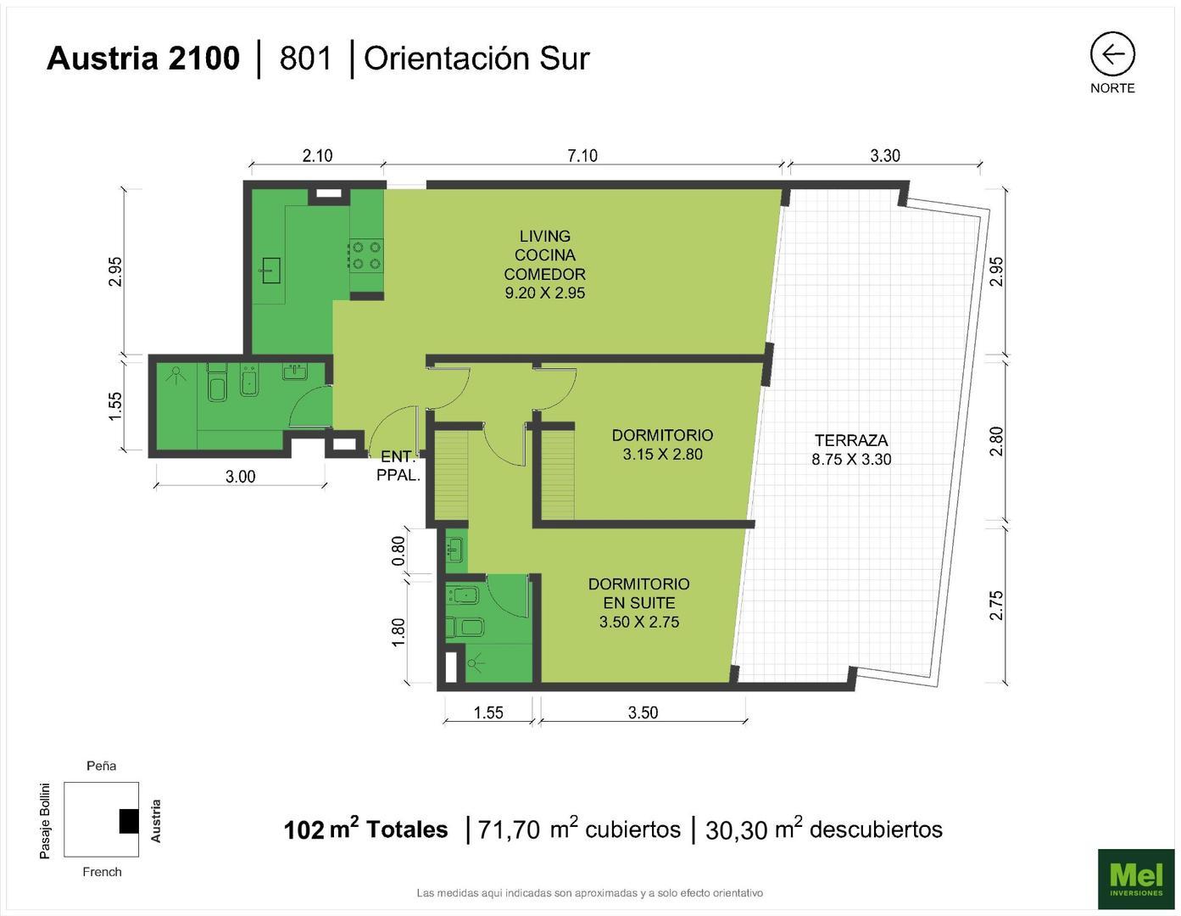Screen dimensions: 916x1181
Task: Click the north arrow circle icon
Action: (1111, 54)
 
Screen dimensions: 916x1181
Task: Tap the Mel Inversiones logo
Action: (1136, 878)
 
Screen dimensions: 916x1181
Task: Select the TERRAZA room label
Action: (851, 450)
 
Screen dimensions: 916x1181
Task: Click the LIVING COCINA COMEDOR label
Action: (544, 265)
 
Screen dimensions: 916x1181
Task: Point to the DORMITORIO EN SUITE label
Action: (638, 602)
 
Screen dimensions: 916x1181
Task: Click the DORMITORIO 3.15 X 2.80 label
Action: (662, 444)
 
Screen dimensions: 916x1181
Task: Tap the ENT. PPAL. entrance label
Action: (398, 466)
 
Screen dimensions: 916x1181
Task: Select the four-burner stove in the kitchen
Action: (366, 255)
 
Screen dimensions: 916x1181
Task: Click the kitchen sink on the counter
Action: (270, 271)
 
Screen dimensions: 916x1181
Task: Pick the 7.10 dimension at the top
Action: (582, 155)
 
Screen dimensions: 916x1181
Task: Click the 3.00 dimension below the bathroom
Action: (240, 477)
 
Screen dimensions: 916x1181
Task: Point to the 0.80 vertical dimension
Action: (398, 551)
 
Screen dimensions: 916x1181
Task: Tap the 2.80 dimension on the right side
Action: (996, 441)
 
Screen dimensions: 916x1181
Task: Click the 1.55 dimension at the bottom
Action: (488, 712)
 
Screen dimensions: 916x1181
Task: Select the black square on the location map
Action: (128, 821)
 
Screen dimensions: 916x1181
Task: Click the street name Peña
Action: (101, 766)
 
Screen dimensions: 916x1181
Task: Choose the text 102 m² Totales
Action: (365, 829)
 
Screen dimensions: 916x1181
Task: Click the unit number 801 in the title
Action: (305, 58)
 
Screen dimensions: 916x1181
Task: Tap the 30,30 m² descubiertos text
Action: (823, 829)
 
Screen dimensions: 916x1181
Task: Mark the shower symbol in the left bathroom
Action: (176, 374)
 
